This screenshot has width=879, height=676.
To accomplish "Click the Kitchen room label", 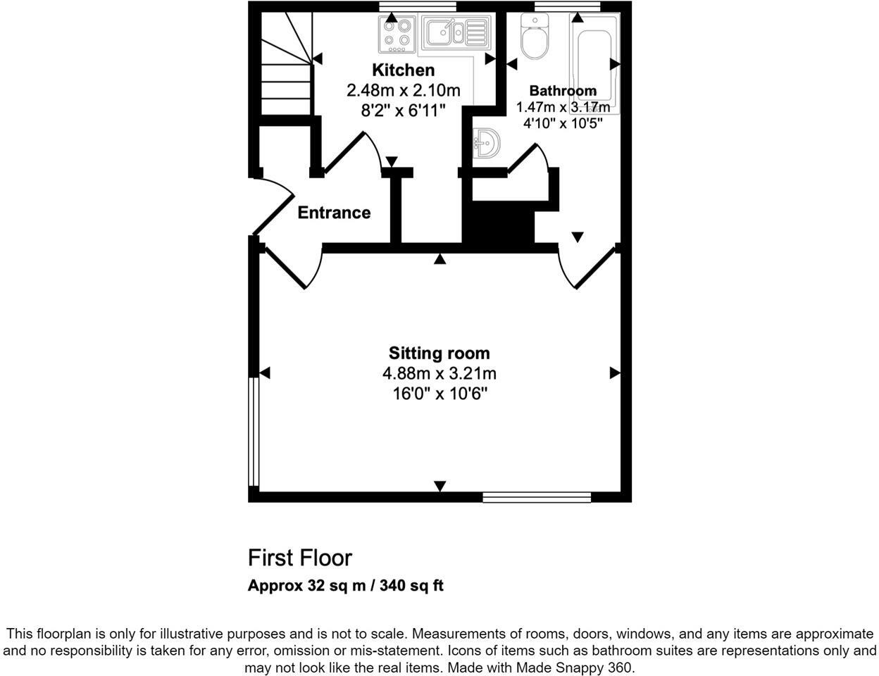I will point(403,70).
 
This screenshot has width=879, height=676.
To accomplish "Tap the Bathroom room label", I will point(563,91).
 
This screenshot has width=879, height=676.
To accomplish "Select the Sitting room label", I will point(439,353).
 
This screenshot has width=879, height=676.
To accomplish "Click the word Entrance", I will point(334,213).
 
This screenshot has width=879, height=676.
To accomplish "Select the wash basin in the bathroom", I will point(485,143).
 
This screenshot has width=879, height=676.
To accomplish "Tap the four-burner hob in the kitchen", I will point(397,35).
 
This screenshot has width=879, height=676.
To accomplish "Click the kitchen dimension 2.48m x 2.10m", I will point(403,91).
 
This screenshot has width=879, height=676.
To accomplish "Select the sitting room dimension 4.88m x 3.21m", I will point(439,373).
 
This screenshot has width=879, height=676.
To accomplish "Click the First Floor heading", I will point(299,558).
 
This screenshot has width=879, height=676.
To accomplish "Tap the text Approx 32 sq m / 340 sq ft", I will point(345,586).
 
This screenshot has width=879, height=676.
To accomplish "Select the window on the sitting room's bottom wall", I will point(536,497).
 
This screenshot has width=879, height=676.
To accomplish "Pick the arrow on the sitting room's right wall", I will point(614,373).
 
